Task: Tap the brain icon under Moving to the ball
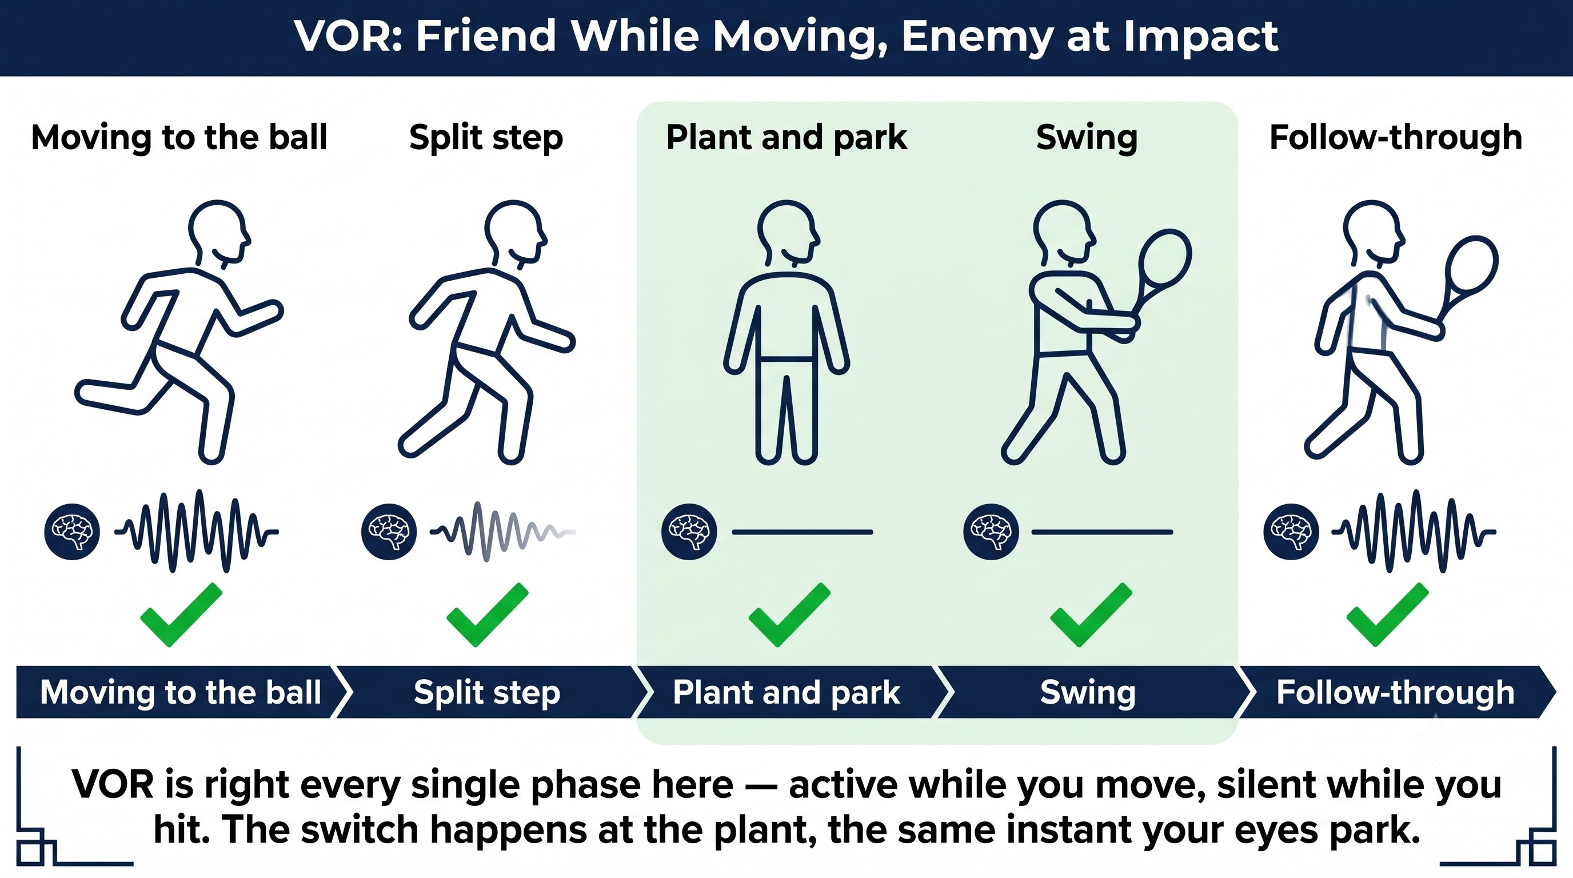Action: point(72,532)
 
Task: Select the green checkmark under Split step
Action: point(488,614)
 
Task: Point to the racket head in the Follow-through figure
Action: point(1472,266)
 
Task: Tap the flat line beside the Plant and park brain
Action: point(803,532)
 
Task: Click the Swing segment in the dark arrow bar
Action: point(1088,692)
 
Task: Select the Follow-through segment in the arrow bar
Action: point(1396,692)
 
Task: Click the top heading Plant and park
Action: point(787,137)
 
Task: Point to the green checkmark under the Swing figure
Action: point(1091,614)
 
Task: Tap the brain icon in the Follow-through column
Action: point(1291,532)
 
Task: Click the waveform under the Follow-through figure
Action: point(1414,531)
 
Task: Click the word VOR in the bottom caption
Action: point(113,785)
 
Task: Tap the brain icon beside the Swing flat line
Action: point(991,532)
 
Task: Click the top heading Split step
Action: point(486,137)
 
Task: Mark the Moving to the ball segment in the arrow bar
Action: point(181,692)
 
